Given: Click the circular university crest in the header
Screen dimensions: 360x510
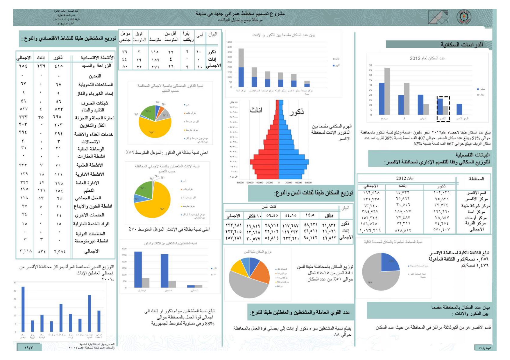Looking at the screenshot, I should click(464, 17).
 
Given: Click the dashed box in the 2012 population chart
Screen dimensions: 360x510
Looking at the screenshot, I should click(443, 109).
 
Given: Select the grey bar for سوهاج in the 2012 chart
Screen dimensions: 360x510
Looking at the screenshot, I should click(387, 91).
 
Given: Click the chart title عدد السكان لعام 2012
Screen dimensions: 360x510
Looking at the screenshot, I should click(427, 58).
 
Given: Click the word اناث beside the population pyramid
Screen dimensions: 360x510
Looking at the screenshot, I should click(256, 110).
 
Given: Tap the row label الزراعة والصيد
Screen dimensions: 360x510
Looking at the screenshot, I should click(96, 66).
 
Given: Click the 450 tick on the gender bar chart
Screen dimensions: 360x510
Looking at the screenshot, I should click(230, 42).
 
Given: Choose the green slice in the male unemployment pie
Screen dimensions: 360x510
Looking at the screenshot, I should click(148, 114).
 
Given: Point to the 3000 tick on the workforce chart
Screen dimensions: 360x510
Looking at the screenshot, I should click(124, 249).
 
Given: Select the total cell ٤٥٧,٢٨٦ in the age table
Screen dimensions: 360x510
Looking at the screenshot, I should click(233, 237).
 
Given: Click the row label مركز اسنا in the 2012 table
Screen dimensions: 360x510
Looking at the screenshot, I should click(476, 212).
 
